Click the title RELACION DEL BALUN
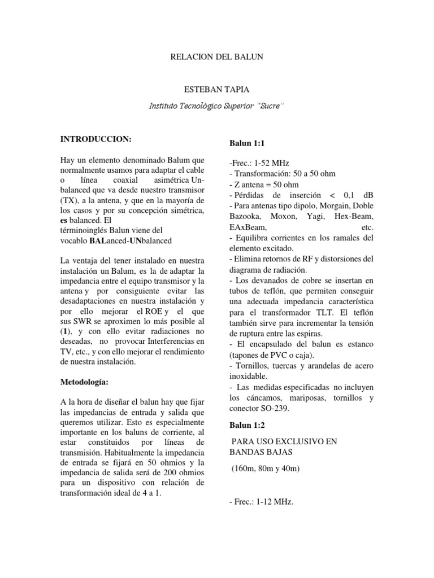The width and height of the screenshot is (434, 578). coord(216,57)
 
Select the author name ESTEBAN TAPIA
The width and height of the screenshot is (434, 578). coord(216,90)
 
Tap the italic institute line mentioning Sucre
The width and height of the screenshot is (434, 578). coord(216,106)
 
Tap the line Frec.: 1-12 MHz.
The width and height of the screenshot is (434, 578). coord(261,501)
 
